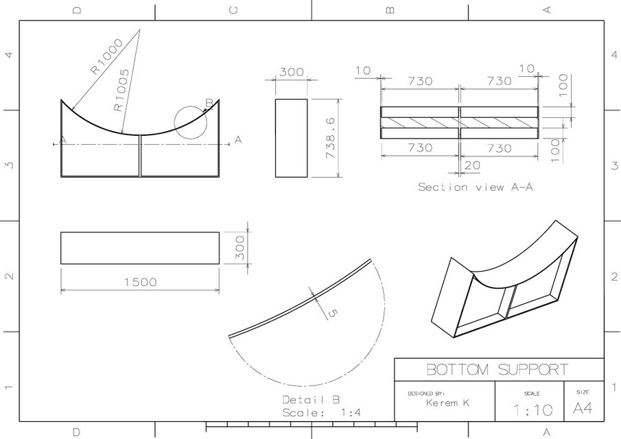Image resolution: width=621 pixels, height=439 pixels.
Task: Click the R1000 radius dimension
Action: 106,56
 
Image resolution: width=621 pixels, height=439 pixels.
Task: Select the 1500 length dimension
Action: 140,282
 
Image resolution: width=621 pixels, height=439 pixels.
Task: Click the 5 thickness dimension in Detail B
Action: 333,313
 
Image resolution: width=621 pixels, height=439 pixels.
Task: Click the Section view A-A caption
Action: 475,187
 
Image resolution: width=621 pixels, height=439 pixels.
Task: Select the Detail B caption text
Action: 310,399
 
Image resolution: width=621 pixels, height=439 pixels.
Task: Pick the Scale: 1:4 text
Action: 321,412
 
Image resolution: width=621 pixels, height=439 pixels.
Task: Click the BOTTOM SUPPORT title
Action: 497,370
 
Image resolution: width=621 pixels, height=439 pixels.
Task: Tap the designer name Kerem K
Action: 447,403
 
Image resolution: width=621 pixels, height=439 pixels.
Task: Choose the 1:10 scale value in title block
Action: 532,410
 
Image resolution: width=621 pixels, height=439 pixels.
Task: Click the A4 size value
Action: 583,409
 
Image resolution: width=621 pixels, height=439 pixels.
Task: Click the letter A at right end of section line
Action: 238,140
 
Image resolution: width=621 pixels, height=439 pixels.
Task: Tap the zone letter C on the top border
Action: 233,10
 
